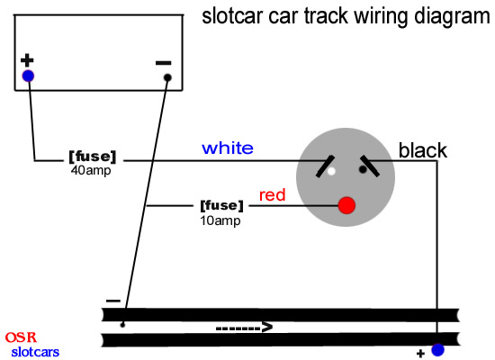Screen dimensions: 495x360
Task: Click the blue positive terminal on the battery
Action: [x=28, y=76]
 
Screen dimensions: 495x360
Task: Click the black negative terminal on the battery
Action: [x=167, y=77]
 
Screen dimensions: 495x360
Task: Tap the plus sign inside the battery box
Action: [x=27, y=60]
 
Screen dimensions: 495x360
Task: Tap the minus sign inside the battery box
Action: [x=164, y=63]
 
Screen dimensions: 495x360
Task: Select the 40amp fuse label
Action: [x=93, y=163]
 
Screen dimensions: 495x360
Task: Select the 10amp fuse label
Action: [x=221, y=212]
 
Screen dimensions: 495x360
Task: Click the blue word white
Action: [x=228, y=148]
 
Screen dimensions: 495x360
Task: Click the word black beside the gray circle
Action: [x=423, y=150]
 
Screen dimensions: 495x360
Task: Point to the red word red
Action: [x=272, y=194]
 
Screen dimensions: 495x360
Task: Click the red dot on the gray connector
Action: [x=346, y=205]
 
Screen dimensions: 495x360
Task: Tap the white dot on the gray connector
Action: [x=331, y=172]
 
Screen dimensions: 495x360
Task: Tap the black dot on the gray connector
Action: [x=363, y=169]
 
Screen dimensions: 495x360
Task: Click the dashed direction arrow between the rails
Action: [x=244, y=328]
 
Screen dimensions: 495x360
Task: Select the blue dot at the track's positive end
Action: [x=438, y=349]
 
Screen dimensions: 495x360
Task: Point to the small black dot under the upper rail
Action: [x=122, y=325]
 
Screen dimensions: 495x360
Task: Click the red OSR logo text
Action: [x=21, y=337]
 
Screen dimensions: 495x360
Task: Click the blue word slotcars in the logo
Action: [x=35, y=352]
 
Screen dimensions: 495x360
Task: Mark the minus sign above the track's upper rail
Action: [x=113, y=301]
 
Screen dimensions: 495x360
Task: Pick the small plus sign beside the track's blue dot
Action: [x=420, y=354]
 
